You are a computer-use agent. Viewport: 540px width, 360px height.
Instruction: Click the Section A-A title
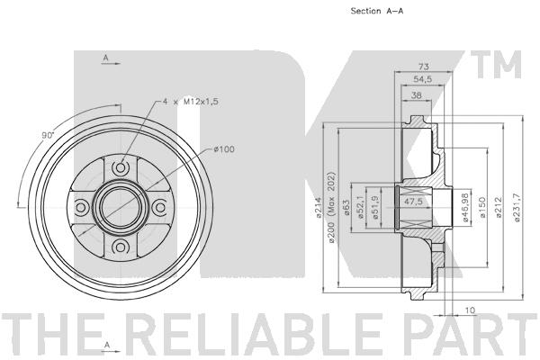tap(377, 11)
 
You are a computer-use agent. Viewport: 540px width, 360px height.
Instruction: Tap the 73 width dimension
tap(423, 66)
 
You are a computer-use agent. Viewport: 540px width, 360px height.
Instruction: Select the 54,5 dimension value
tap(423, 79)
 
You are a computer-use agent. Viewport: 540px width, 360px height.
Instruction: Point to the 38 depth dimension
tap(417, 95)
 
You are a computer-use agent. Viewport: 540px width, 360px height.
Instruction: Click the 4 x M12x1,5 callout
tap(191, 102)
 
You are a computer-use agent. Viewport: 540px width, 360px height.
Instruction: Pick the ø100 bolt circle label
tap(224, 149)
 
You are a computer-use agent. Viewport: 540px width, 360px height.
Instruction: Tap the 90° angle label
tap(48, 135)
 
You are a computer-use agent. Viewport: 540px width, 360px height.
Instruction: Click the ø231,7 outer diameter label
tap(517, 207)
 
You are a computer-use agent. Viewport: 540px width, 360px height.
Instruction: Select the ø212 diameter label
tap(498, 207)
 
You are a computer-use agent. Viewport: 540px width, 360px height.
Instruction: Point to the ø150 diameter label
tap(482, 207)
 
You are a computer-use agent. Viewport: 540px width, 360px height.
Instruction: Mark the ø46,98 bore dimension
tap(465, 207)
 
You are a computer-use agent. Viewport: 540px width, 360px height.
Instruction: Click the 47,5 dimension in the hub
tap(413, 202)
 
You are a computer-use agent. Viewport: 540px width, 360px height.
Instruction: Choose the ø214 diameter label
tap(319, 207)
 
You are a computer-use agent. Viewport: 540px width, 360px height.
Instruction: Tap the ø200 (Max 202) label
tap(331, 207)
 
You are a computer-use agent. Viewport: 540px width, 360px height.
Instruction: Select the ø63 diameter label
tap(346, 208)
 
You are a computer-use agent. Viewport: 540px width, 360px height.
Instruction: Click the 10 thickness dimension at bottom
tap(470, 310)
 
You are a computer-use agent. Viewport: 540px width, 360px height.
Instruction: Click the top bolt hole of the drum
tap(121, 168)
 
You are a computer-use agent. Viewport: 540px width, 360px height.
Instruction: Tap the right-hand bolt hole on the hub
tap(160, 208)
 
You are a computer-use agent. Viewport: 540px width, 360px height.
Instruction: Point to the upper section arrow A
tap(111, 59)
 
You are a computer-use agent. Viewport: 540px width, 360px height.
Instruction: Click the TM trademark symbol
tap(496, 65)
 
